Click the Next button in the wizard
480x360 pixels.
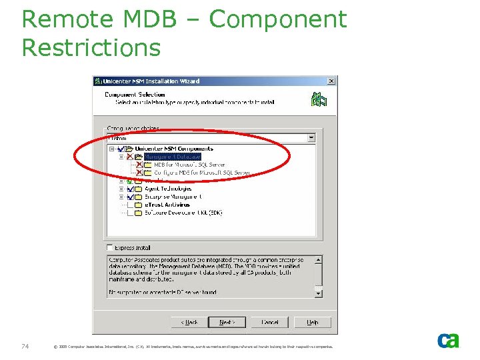[227, 323]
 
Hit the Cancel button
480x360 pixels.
[270, 323]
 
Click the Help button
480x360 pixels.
[312, 323]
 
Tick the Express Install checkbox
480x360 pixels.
[110, 247]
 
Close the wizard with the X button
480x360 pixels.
[331, 81]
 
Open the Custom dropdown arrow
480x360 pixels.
[311, 138]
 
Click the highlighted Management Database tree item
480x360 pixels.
[172, 156]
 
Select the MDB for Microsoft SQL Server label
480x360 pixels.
[189, 164]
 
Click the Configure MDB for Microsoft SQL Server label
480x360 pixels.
[197, 172]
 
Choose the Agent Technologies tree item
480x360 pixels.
[168, 189]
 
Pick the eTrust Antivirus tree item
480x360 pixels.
[167, 205]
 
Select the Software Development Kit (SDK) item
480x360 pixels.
[183, 213]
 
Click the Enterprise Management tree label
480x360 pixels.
[173, 197]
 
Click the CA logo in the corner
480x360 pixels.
[448, 341]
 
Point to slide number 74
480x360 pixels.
[25, 345]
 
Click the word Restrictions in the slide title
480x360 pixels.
[91, 48]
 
